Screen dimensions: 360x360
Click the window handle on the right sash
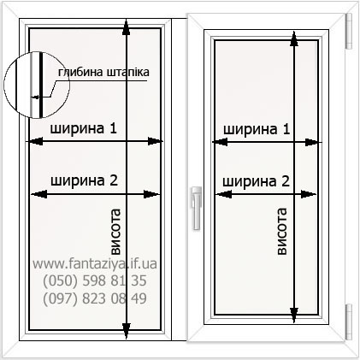point(197,208)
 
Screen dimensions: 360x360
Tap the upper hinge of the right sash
point(349,31)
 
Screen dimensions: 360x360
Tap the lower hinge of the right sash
point(349,322)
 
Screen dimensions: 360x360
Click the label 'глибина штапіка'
point(103,72)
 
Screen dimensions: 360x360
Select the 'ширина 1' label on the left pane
point(84,128)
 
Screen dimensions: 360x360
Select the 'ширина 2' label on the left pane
point(84,180)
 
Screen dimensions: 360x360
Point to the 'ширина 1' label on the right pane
point(257,129)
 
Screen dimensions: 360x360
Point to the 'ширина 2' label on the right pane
point(256,181)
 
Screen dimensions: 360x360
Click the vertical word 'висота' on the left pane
point(115,232)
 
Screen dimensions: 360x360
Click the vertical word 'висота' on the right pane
point(281,231)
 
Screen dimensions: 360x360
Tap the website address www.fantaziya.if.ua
point(95,263)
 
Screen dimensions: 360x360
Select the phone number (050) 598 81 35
point(95,280)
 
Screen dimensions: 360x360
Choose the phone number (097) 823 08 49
point(95,298)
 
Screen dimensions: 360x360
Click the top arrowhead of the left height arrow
point(127,27)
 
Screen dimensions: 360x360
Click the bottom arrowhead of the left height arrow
point(127,332)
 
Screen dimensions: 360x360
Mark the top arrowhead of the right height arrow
point(294,38)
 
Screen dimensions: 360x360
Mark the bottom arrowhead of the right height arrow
point(294,316)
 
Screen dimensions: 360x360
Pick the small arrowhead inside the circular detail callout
point(34,97)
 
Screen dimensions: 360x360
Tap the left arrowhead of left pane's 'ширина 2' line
point(38,194)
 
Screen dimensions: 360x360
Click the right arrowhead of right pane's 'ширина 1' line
point(313,142)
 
